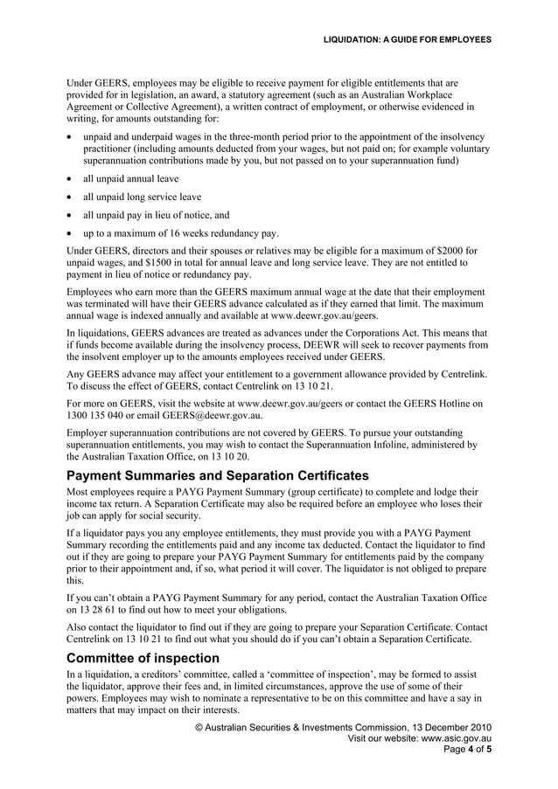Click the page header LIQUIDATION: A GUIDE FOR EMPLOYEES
click(407, 39)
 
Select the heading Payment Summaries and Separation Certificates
click(218, 476)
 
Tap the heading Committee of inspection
click(143, 658)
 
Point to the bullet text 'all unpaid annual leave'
click(130, 178)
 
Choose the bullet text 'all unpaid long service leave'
click(142, 197)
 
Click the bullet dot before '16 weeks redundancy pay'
click(70, 233)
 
